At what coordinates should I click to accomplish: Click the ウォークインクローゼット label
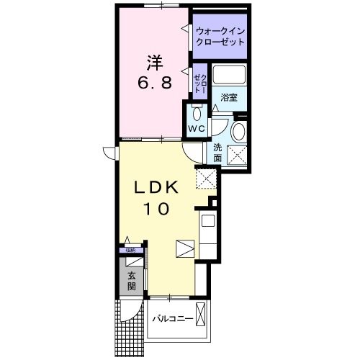pyautogui.click(x=220, y=37)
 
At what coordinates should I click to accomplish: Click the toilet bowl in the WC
pyautogui.click(x=197, y=113)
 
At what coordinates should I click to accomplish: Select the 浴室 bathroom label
pyautogui.click(x=229, y=97)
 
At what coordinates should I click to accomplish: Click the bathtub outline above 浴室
pyautogui.click(x=230, y=74)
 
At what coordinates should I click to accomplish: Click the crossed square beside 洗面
pyautogui.click(x=237, y=153)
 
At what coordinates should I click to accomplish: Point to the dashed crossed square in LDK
pyautogui.click(x=207, y=176)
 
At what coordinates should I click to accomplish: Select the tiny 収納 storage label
pyautogui.click(x=130, y=250)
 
